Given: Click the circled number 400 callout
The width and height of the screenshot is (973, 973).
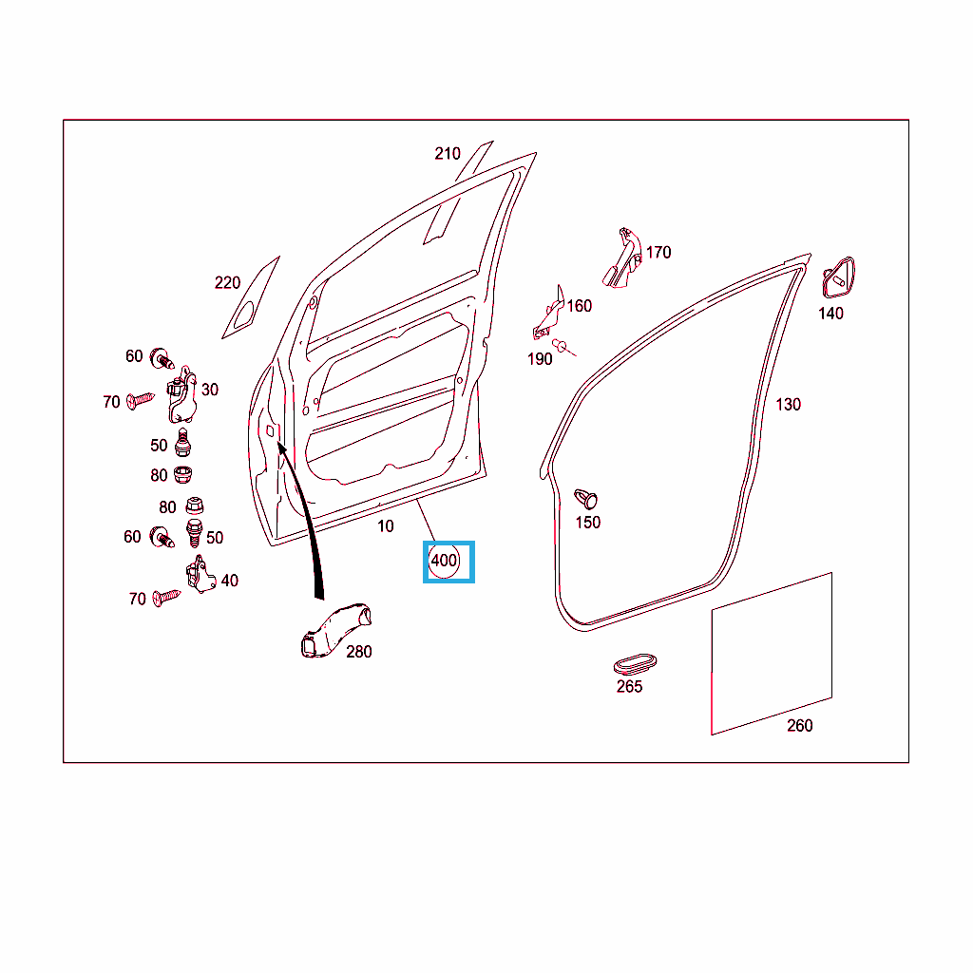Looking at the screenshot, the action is click(x=444, y=561).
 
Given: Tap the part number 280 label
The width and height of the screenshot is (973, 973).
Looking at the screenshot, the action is click(x=358, y=652).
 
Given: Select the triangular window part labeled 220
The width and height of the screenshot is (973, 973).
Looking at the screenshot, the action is click(x=251, y=297).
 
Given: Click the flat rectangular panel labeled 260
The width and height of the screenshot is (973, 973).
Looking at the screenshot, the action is click(x=772, y=654).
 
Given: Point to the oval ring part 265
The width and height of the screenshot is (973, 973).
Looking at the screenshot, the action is click(x=635, y=663).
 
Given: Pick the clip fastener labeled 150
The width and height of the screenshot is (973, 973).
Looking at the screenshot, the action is click(x=585, y=499).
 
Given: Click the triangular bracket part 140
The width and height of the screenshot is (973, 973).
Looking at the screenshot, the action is click(x=838, y=277).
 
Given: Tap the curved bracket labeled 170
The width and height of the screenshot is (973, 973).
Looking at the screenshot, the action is click(x=622, y=258).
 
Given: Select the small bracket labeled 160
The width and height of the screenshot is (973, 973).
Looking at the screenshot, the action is click(x=549, y=313).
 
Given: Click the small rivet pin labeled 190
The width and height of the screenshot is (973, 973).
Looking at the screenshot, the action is click(x=563, y=348).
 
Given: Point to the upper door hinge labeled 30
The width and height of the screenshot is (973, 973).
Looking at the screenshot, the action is click(x=181, y=394).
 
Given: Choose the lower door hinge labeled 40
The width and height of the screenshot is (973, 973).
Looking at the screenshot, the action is click(x=200, y=575).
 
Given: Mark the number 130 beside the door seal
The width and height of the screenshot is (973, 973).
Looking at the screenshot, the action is click(x=788, y=405).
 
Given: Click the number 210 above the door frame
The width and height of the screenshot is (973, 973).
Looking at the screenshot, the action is click(x=448, y=153).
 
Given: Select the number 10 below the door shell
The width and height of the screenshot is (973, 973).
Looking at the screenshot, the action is click(x=386, y=526).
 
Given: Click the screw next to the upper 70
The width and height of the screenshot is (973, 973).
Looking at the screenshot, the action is click(x=141, y=400).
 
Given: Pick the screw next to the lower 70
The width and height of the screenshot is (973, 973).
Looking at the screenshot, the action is click(x=166, y=597).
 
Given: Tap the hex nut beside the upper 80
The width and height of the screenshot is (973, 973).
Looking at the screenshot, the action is click(x=182, y=475).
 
